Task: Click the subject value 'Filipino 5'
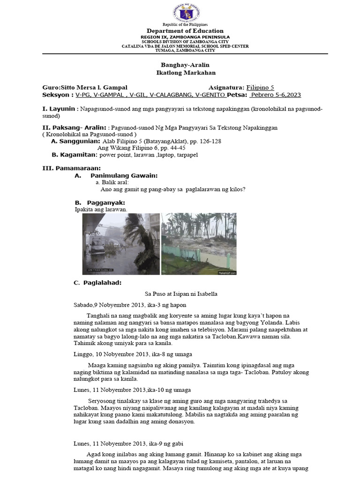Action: pos(260,87)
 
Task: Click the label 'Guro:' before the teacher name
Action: pos(52,87)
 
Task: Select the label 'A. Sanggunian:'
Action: pos(75,141)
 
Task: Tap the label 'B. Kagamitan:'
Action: pos(74,154)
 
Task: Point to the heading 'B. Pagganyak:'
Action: pos(99,202)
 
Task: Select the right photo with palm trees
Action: pos(199,244)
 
